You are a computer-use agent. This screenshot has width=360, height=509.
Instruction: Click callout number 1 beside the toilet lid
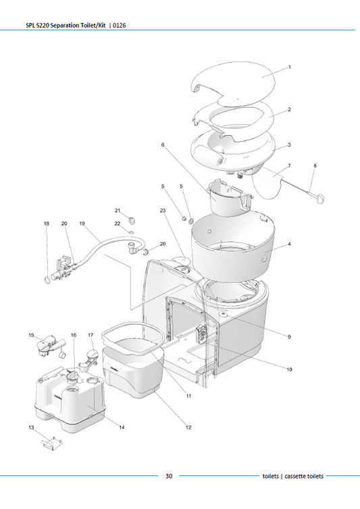pyautogui.click(x=289, y=68)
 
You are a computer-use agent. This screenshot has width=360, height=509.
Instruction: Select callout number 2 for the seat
pyautogui.click(x=289, y=109)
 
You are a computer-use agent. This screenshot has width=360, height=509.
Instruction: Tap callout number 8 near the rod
pyautogui.click(x=315, y=165)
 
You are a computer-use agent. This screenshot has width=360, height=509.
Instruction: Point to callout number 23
pyautogui.click(x=163, y=211)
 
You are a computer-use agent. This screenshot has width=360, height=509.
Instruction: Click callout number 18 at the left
pyautogui.click(x=46, y=223)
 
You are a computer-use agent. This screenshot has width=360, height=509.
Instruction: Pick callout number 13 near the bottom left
pyautogui.click(x=31, y=428)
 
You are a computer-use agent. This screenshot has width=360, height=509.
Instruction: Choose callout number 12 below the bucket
pyautogui.click(x=188, y=427)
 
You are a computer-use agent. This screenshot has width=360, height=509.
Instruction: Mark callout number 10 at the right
pyautogui.click(x=289, y=369)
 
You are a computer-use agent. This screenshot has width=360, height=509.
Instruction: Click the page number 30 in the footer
pyautogui.click(x=169, y=476)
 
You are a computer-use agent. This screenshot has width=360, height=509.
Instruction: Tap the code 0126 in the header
pyautogui.click(x=118, y=26)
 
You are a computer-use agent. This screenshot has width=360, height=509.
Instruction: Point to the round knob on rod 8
pyautogui.click(x=319, y=197)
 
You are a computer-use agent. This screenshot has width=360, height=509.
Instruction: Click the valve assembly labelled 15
pyautogui.click(x=45, y=347)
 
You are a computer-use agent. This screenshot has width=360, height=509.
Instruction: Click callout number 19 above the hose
pyautogui.click(x=82, y=223)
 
